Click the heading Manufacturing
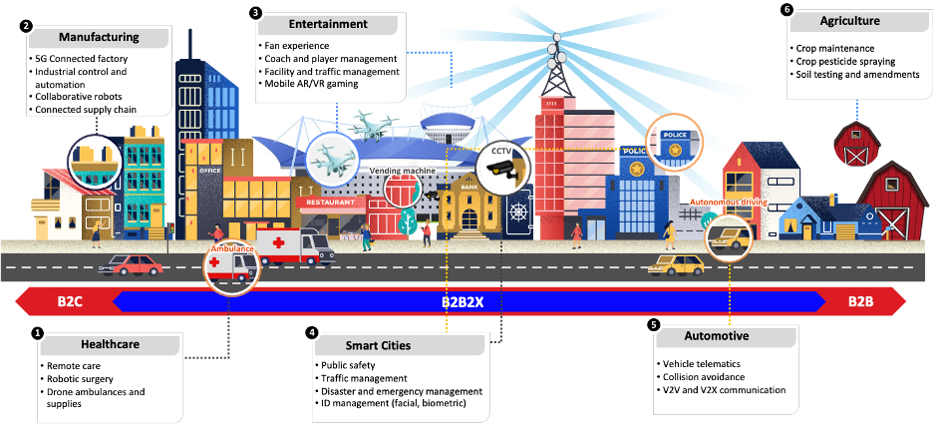point(98,39)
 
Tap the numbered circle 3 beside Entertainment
point(256,12)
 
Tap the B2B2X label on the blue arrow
point(462,300)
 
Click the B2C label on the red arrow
point(70,300)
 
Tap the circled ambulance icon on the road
point(228,265)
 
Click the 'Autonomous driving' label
point(722,202)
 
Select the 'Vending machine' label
point(403,171)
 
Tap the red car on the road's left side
point(135,264)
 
